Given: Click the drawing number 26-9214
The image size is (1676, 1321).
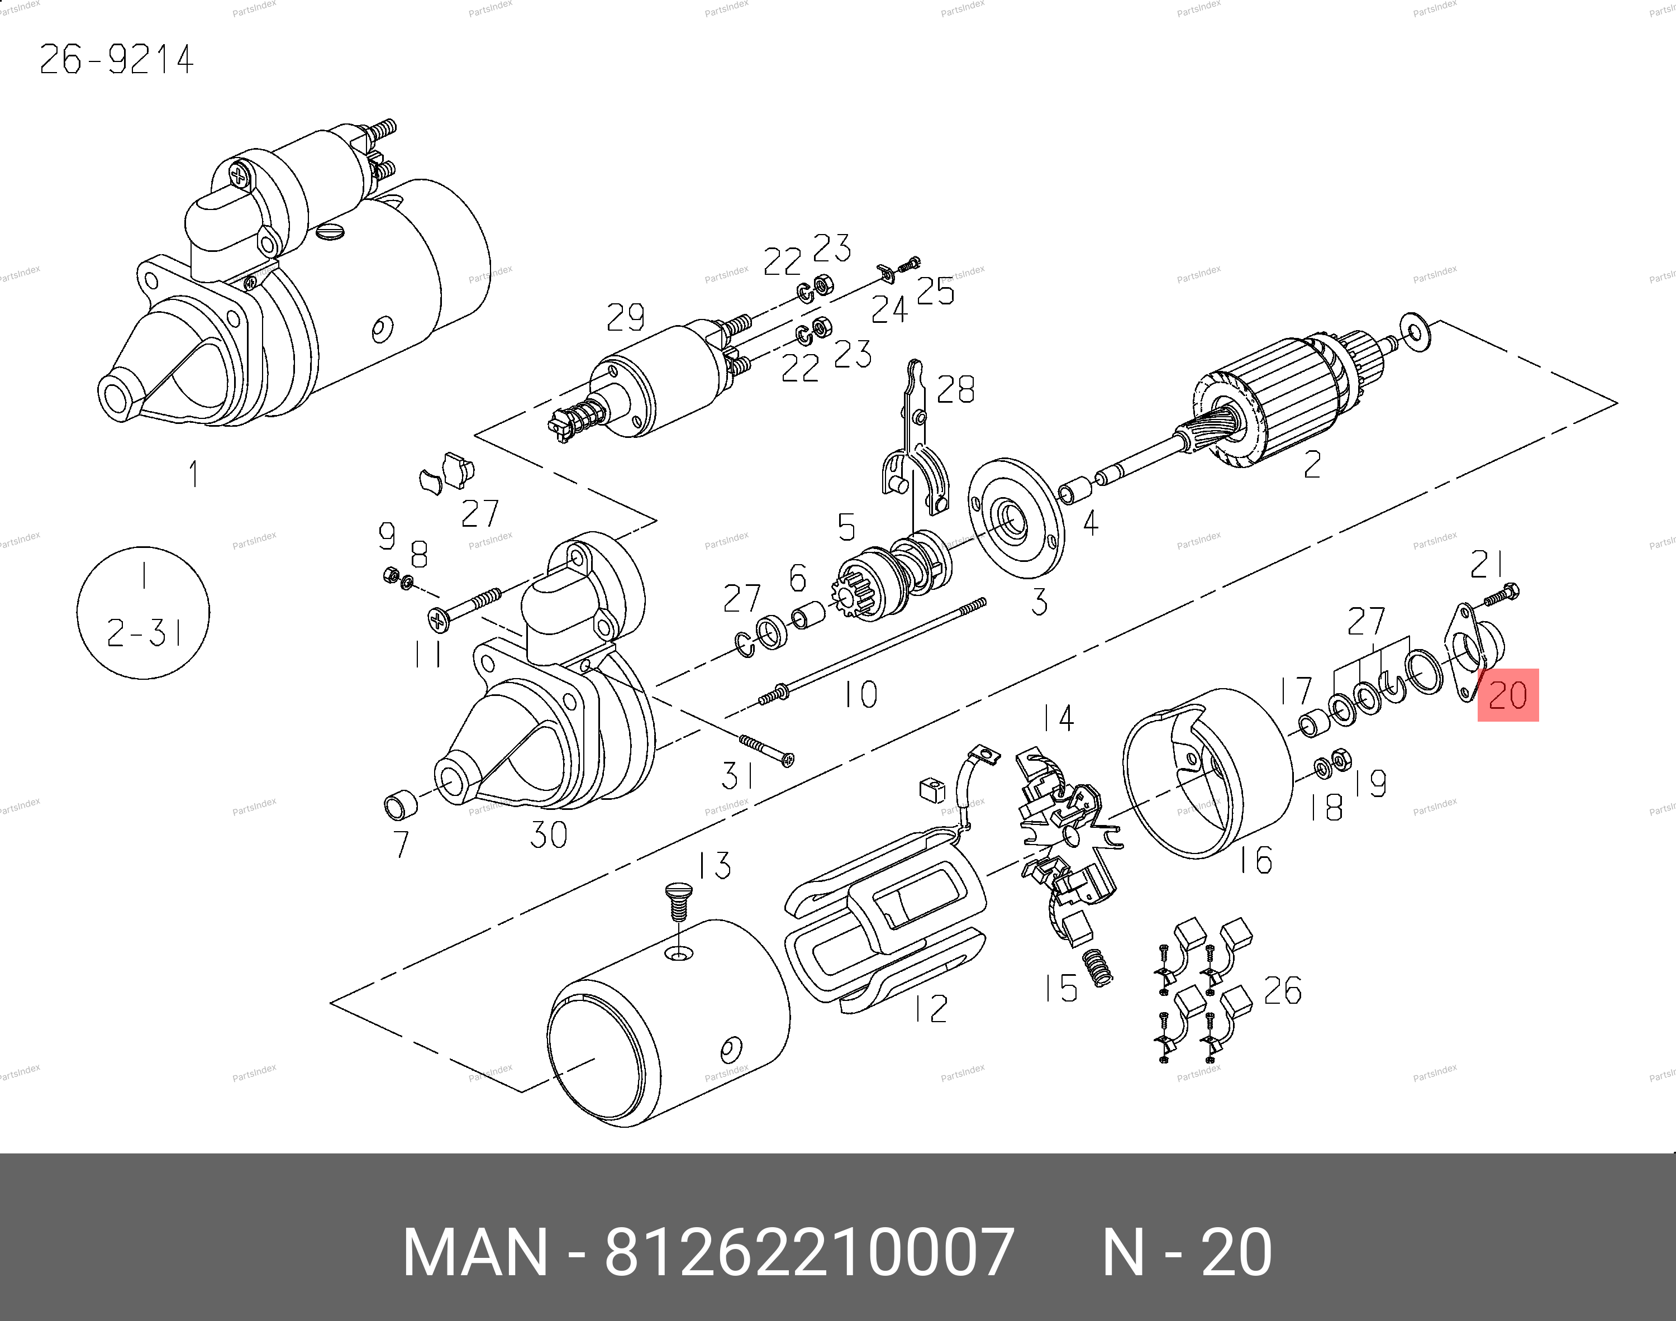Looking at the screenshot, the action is click(x=116, y=60).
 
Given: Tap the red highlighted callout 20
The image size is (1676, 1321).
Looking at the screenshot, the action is click(x=1507, y=694).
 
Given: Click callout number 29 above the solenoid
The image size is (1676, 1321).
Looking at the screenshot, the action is click(x=625, y=317).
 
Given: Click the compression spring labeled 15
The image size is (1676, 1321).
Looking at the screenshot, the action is click(x=1098, y=967).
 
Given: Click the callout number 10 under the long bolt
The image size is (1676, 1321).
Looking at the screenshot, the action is click(x=860, y=694).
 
